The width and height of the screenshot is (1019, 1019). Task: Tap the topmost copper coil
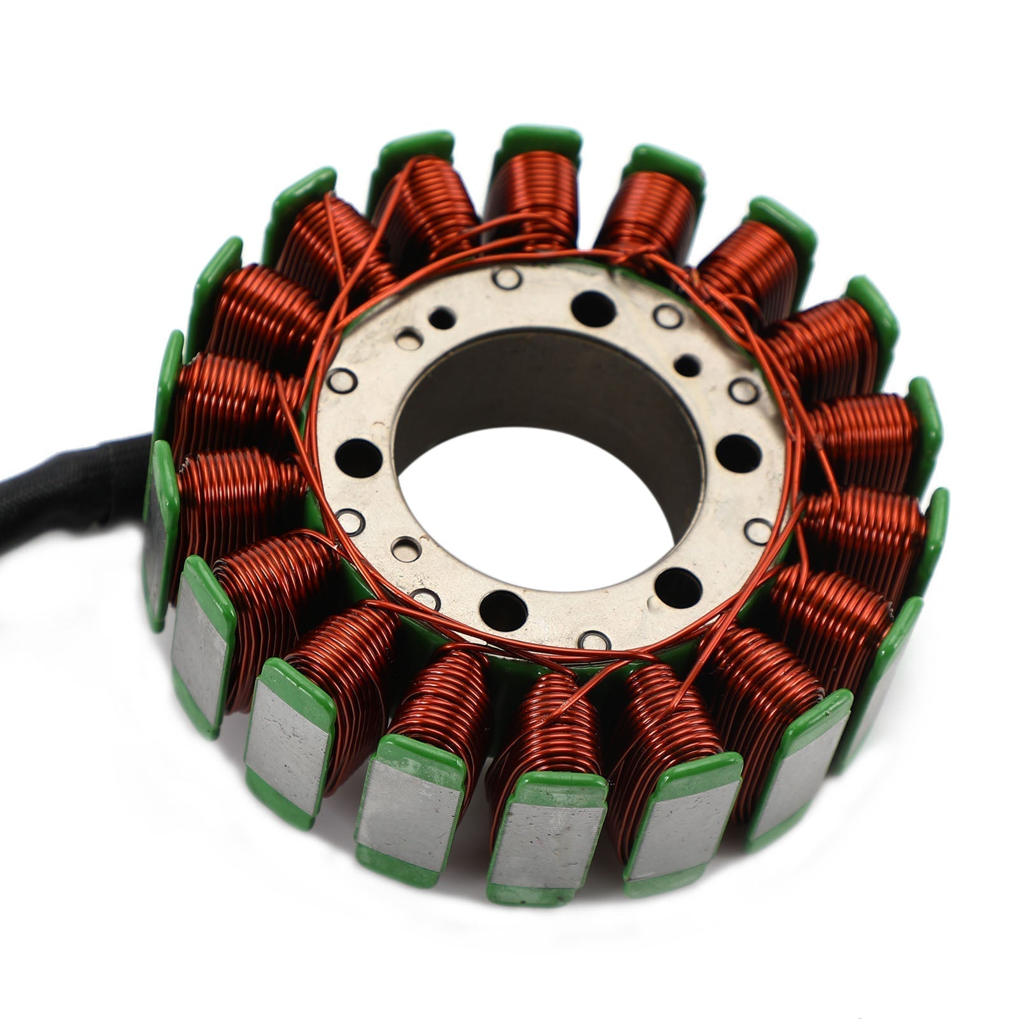point(532,197)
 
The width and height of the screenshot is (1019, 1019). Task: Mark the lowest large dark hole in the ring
point(503,608)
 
